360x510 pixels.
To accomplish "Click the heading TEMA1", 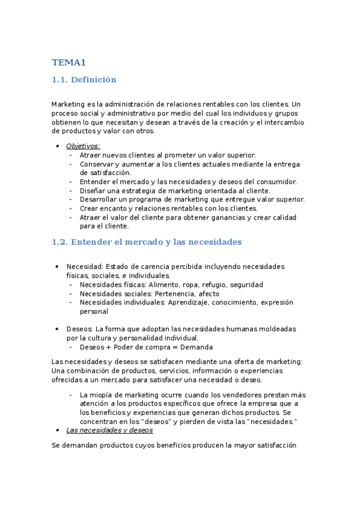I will coord(69,62).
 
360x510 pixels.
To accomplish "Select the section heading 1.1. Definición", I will coord(84,79).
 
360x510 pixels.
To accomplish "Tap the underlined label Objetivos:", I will coord(83,146).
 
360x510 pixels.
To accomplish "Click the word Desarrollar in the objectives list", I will coord(100,199).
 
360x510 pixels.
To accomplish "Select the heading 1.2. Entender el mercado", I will coord(147,242).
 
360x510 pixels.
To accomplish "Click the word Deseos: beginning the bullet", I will coord(79,329).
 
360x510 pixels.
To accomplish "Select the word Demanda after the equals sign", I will coord(197,347).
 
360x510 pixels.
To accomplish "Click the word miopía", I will coord(101,395).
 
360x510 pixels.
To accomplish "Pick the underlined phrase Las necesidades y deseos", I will coord(109,430).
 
